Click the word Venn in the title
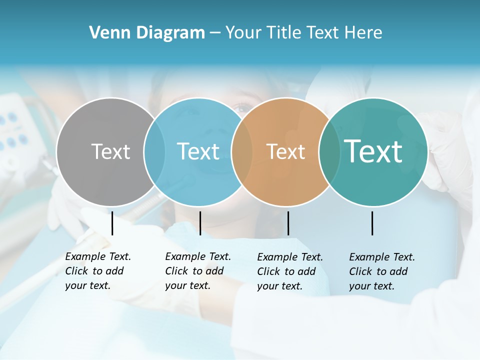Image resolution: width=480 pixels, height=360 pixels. [106, 33]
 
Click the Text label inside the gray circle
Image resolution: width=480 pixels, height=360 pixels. [110, 151]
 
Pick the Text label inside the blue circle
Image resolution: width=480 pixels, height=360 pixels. [198, 151]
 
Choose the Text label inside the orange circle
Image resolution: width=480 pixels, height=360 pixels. [285, 151]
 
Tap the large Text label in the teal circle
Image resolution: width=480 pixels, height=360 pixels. [373, 151]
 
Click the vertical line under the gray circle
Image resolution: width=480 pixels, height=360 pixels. [112, 223]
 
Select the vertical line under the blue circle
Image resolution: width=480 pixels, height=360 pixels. [200, 223]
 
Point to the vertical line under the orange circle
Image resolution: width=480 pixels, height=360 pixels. [288, 223]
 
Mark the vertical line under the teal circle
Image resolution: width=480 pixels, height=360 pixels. [372, 223]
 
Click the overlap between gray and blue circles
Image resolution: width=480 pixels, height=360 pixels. [154, 151]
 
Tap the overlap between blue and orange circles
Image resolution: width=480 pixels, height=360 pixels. [242, 151]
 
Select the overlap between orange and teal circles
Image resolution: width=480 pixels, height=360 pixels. [329, 151]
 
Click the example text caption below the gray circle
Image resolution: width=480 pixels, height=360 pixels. [97, 271]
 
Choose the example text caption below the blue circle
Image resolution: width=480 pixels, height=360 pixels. [197, 271]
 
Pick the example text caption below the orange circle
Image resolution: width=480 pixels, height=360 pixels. [289, 271]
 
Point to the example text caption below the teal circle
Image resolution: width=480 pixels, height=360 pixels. [381, 271]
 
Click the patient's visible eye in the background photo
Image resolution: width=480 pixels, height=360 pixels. [242, 107]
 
